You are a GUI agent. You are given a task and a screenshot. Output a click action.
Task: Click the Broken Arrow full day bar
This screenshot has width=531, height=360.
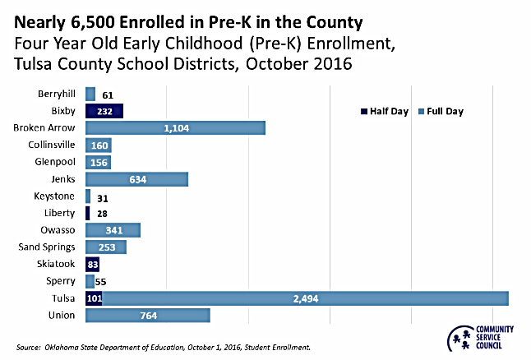[x=175, y=127]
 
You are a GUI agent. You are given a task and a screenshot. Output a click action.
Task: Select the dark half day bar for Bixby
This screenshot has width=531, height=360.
[x=104, y=111]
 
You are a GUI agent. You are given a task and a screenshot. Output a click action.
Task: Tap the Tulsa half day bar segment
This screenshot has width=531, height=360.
[x=94, y=298]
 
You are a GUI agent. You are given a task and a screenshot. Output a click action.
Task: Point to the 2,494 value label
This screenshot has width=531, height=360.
[x=305, y=298]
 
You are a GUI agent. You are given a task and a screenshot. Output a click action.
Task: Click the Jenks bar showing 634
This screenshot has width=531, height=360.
[x=136, y=179]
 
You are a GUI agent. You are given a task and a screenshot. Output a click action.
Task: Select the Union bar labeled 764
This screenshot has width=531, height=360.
[x=147, y=315]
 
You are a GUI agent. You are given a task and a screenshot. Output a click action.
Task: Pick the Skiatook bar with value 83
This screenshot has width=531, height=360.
[x=93, y=264]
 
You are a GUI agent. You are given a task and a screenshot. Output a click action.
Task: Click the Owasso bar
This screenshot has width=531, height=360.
[x=113, y=230]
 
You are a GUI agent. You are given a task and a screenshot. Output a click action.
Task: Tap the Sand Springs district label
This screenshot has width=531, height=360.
[x=47, y=247]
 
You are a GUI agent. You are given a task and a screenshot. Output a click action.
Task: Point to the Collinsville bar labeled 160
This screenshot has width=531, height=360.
[x=98, y=145]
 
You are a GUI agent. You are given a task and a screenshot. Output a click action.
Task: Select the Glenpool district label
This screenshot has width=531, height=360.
[x=56, y=162]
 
